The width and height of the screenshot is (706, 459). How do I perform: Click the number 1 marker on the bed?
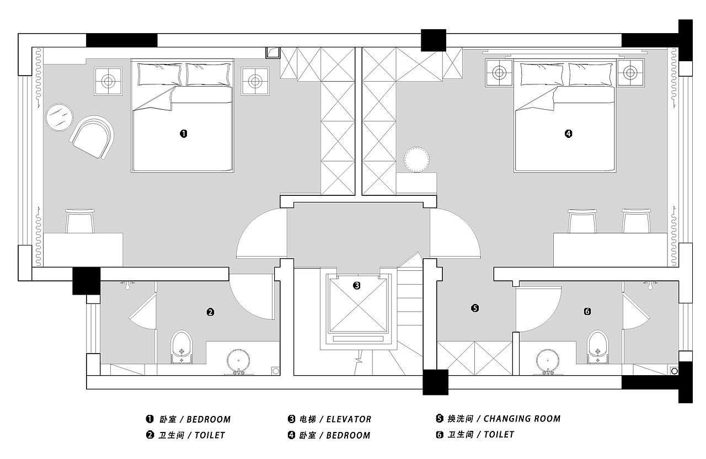coord(184,134)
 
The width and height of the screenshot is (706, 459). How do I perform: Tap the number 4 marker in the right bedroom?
coord(568,134)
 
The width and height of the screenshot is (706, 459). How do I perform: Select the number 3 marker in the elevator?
coord(356,286)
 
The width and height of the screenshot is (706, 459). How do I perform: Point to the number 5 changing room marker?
coord(475,308)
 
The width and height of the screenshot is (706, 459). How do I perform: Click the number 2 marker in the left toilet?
coord(210,312)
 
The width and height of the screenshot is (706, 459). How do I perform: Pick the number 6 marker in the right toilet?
coord(587,312)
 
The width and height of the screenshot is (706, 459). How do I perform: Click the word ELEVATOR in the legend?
coord(349,419)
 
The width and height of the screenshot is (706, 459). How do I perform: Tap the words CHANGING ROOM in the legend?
coord(522,419)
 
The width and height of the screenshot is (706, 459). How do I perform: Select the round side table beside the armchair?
coord(59,118)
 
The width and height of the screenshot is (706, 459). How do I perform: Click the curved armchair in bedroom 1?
coord(92,137)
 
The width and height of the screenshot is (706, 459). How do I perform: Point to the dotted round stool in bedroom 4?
coord(416,159)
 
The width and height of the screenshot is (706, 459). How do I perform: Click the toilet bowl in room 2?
coord(181,347)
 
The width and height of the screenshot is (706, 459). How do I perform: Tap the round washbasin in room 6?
coord(548,361)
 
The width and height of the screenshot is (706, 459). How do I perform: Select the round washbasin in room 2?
coord(239,361)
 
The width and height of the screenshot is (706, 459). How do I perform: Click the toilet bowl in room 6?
coord(598,347)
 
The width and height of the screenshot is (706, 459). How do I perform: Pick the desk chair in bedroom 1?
coord(80,221)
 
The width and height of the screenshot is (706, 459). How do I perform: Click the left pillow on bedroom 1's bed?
coord(159,74)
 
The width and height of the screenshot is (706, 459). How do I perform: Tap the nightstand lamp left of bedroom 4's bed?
coord(499,73)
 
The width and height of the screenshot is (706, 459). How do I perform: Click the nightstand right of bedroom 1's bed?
coord(255,81)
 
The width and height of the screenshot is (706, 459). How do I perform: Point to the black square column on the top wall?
coord(434,40)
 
